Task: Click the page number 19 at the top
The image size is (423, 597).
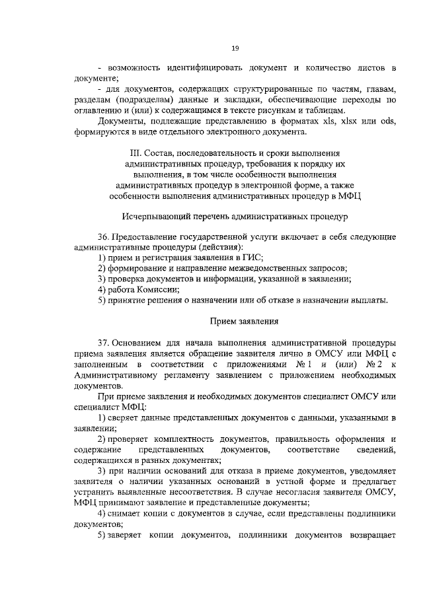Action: point(235,48)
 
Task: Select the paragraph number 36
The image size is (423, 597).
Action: point(103,236)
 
